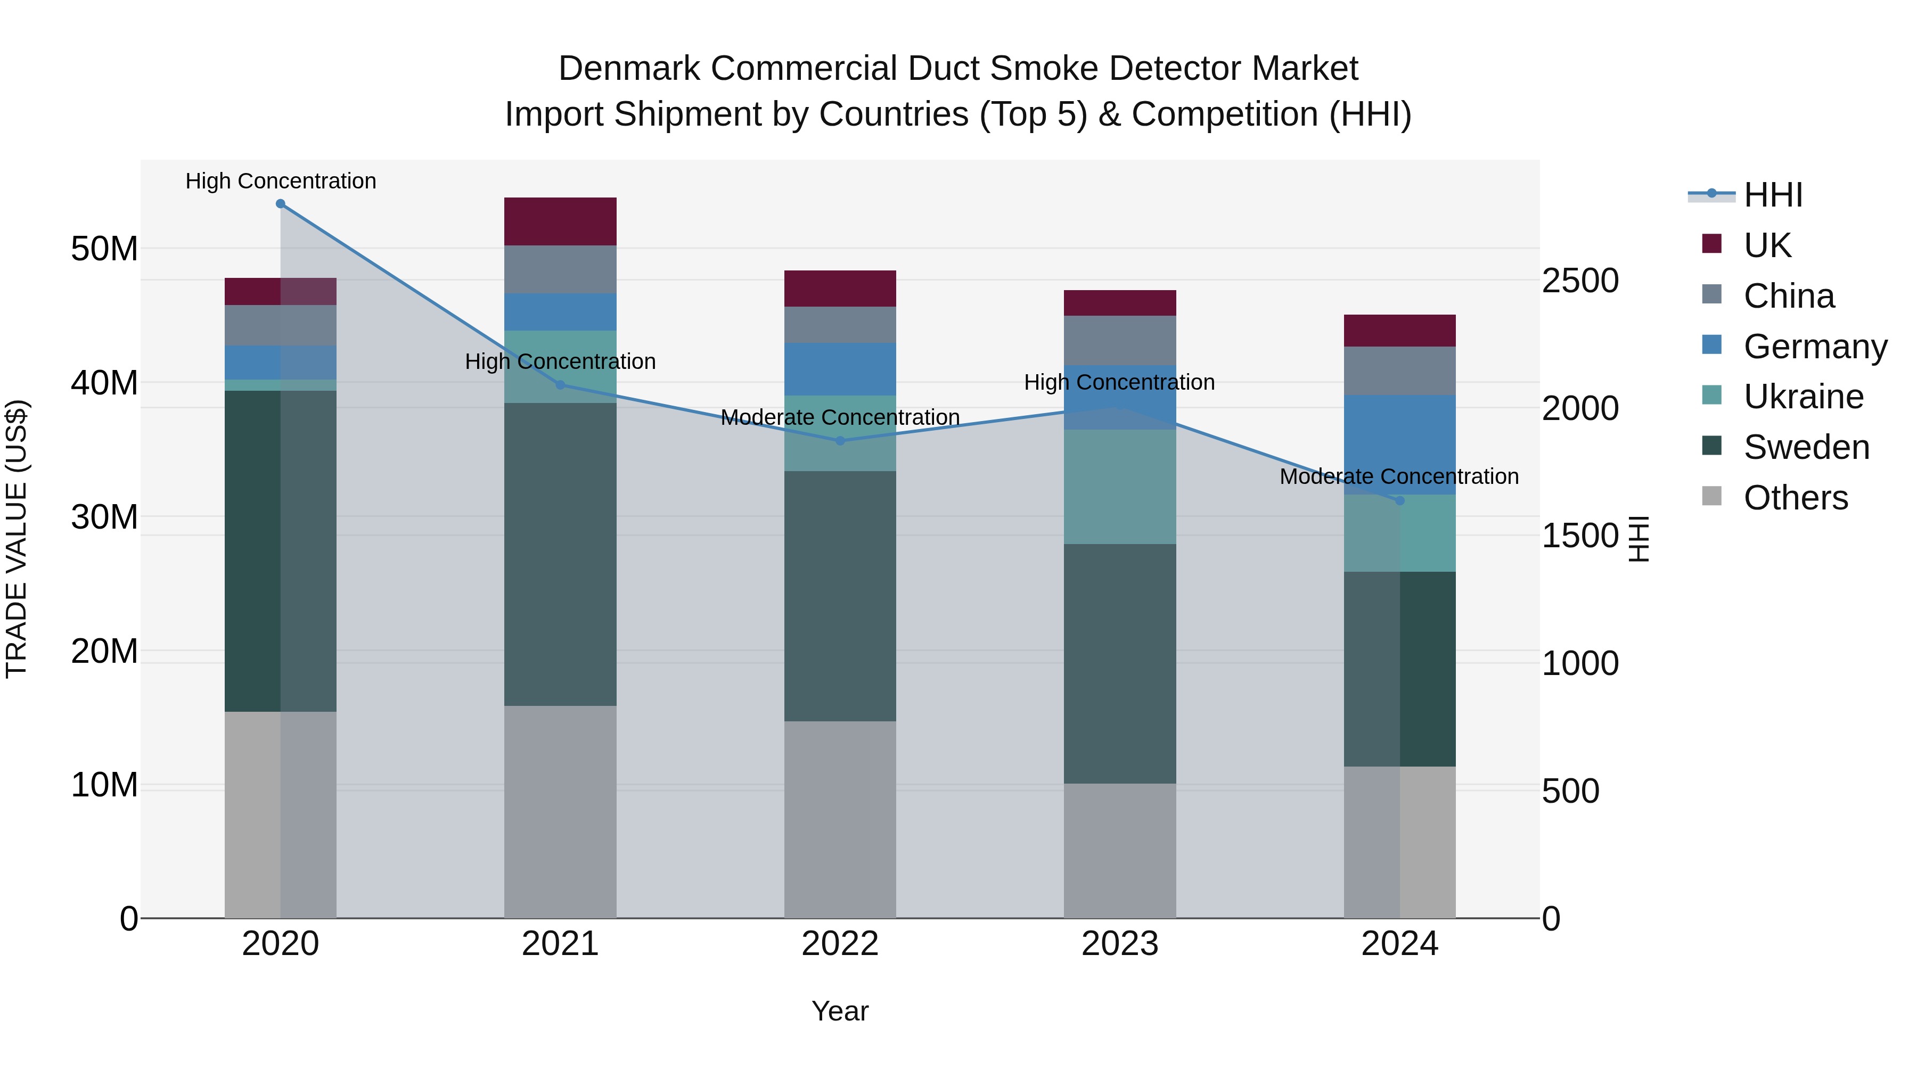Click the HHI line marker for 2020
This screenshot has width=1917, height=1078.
[281, 204]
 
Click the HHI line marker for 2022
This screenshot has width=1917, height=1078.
[840, 440]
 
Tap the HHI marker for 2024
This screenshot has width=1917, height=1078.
[1400, 501]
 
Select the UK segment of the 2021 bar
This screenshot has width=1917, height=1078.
[560, 221]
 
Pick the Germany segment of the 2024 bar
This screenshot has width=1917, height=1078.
[1400, 445]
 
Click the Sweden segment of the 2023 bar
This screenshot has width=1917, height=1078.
[1120, 664]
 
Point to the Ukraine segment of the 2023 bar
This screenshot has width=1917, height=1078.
[1120, 487]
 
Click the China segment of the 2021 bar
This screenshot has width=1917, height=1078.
[560, 269]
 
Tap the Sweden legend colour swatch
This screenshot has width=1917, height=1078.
[1711, 447]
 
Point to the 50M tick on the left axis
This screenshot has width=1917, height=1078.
[104, 249]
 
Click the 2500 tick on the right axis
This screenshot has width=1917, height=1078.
[1580, 281]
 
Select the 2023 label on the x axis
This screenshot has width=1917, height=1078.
[1120, 944]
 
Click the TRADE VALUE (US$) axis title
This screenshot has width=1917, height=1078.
[17, 539]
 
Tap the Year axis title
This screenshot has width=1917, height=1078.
[840, 1011]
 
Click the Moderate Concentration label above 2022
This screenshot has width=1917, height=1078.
[840, 417]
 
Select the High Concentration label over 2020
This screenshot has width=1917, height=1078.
[281, 181]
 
